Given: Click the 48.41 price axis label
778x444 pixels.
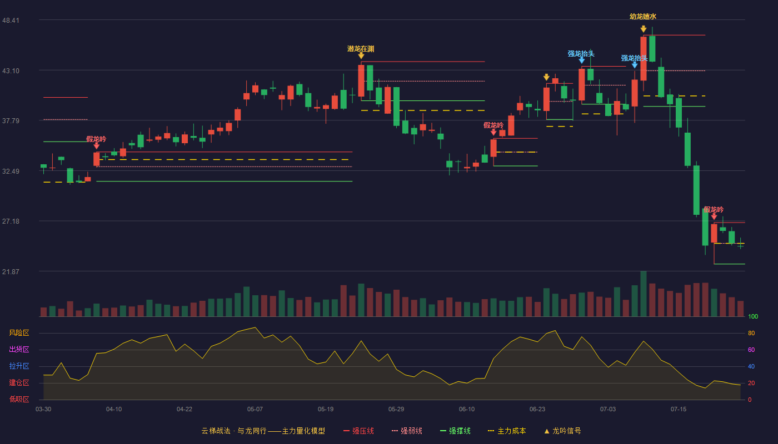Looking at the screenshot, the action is click(11, 20).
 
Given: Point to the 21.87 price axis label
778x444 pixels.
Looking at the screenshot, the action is click(11, 271).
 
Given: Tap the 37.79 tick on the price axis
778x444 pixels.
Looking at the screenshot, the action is click(11, 121).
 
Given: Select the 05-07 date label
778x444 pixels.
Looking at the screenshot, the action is click(255, 410).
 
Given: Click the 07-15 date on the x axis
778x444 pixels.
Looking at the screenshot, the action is click(679, 410).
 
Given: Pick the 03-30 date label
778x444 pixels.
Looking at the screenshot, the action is click(43, 410).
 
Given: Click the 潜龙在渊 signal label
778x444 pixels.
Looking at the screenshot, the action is click(361, 49).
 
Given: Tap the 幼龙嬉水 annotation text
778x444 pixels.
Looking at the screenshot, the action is click(643, 16).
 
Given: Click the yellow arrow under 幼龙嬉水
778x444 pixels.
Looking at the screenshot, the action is click(644, 29).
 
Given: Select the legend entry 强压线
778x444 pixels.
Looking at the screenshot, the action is click(359, 431).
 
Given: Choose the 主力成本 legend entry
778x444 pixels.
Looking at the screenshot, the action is click(507, 431).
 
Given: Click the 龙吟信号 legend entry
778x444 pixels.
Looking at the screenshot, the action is click(562, 431).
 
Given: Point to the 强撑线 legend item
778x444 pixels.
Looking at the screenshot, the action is click(455, 431).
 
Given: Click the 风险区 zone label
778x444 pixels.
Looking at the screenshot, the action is click(19, 332).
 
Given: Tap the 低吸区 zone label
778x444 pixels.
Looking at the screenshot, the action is click(19, 399).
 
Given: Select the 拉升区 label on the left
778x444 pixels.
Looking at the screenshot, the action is click(19, 366).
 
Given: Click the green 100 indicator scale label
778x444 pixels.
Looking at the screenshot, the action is click(753, 316).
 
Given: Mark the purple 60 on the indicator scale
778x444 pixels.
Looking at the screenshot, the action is click(751, 350).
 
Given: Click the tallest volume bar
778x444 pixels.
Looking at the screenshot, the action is click(644, 294).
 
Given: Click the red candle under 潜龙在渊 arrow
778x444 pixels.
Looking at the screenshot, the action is click(361, 80).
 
